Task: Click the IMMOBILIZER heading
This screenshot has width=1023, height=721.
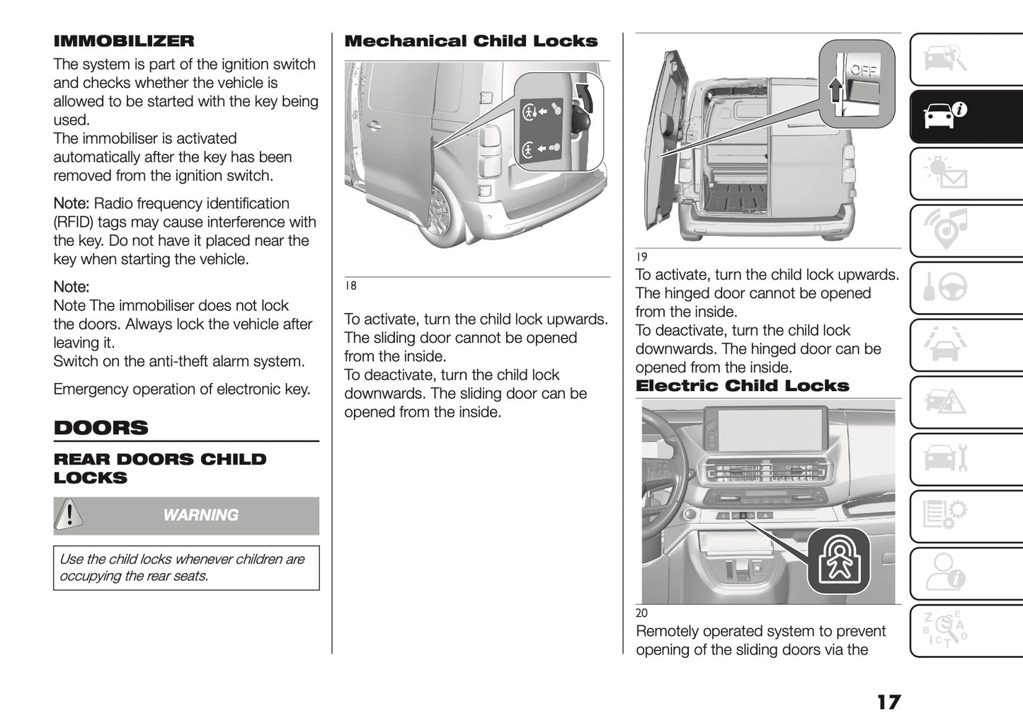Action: pos(123,41)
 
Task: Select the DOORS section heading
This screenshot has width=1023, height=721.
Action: pos(101,428)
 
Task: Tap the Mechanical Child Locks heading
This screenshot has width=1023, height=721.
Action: pos(471,41)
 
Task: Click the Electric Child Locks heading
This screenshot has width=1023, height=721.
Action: pos(742,386)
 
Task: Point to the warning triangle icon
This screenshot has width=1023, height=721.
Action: pos(69,515)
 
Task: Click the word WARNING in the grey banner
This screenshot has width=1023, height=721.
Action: pos(200,516)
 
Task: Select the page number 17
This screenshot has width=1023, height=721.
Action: pos(888,702)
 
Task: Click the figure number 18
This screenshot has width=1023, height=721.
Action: pos(350,286)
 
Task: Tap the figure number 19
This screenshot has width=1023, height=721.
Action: pos(641,257)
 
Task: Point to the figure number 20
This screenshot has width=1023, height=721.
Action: pos(641,613)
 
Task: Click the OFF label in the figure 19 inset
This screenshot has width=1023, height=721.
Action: pos(864,70)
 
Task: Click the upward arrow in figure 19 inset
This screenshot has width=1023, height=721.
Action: pos(835,91)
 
